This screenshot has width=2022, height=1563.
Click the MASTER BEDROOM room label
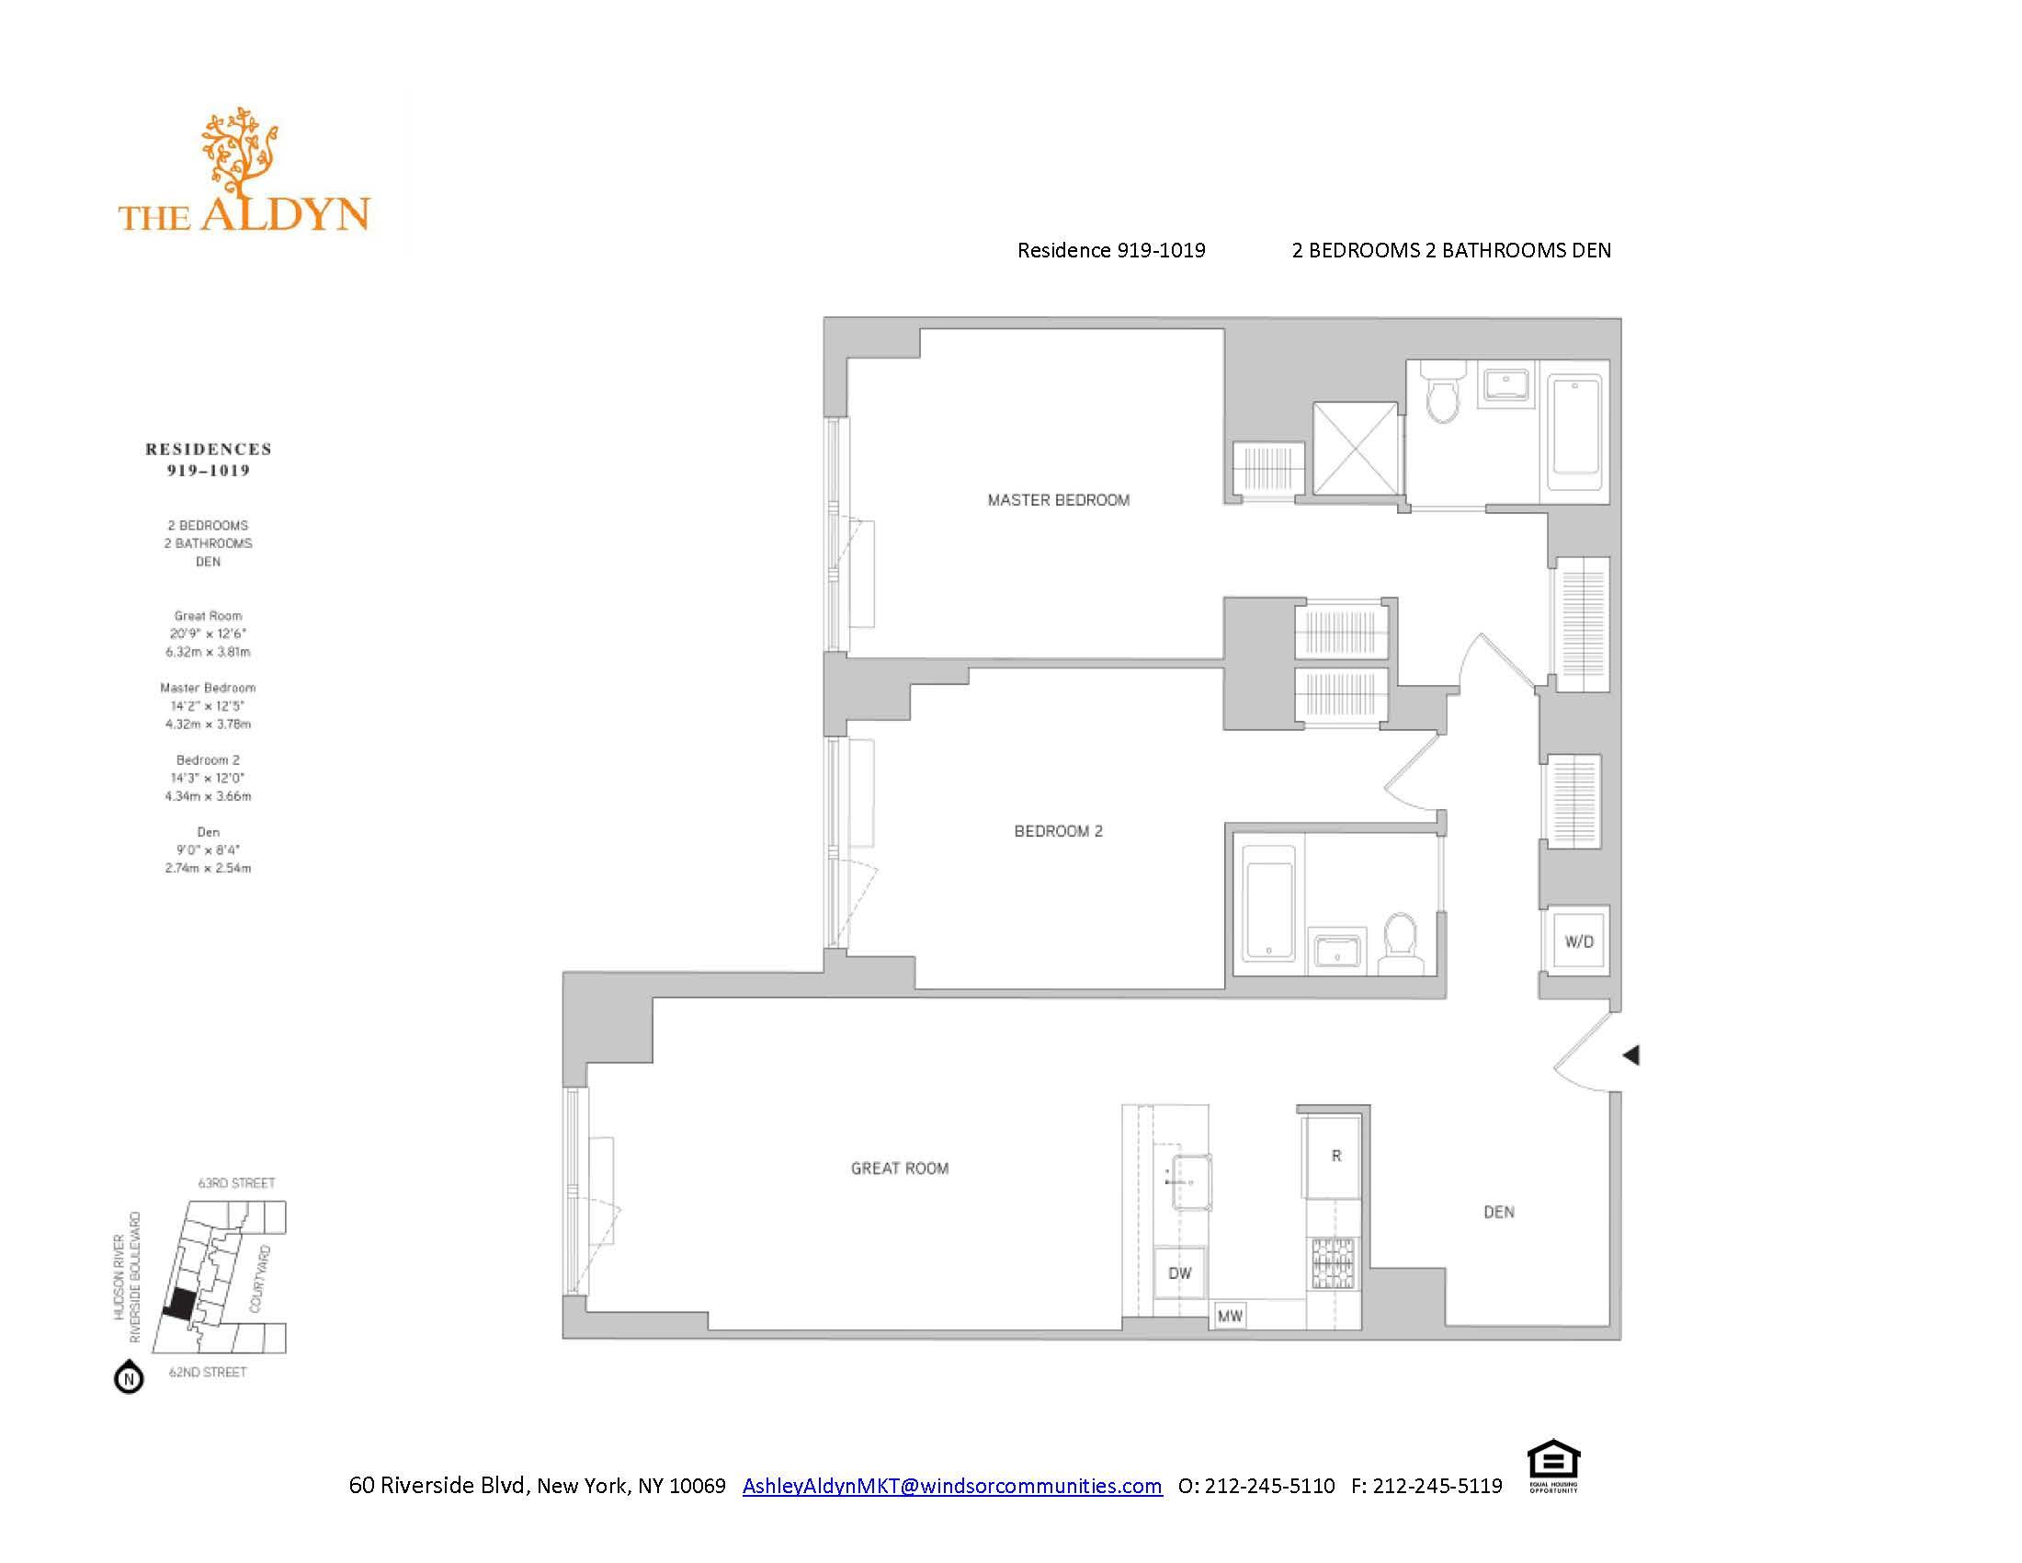point(1058,500)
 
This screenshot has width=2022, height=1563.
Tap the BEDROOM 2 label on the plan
point(1058,831)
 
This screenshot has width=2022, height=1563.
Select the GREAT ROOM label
point(900,1169)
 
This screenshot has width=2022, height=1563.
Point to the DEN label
point(1499,1212)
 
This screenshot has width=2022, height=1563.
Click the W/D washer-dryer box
point(1578,941)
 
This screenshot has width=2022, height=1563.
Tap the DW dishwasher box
point(1179,1273)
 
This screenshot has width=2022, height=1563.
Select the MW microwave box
point(1230,1316)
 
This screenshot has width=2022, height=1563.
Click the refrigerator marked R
point(1335,1157)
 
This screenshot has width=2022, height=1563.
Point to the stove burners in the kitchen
point(1335,1263)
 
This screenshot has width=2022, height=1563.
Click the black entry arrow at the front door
point(1631,1055)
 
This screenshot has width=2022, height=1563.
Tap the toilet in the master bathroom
point(1442,394)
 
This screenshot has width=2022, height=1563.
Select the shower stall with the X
point(1356,448)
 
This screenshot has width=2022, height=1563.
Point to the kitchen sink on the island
point(1191,1181)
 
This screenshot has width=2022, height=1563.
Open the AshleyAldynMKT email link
point(952,1486)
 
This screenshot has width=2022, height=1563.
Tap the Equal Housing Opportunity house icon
point(1552,1464)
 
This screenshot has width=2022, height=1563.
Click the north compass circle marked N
point(129,1379)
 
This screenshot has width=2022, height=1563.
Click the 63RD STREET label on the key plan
point(237,1183)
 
